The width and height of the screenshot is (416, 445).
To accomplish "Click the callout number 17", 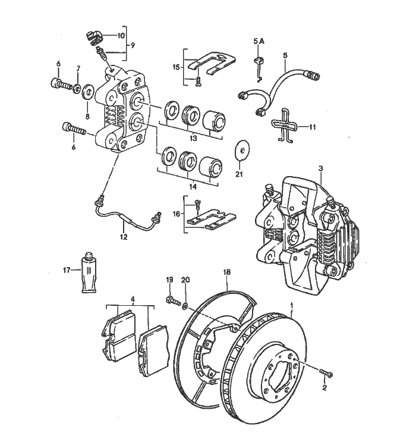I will click(67, 269).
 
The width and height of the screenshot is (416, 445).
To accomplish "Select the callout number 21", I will click(239, 174).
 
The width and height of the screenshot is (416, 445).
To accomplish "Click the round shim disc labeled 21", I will click(241, 151).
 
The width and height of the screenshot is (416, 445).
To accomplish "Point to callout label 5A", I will click(259, 42).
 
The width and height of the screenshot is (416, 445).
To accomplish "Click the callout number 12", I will click(123, 237).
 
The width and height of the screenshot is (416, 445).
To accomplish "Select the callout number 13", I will click(193, 138).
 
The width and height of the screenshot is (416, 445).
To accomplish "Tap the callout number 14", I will click(193, 186).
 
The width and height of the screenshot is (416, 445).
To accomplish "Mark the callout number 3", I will click(320, 168).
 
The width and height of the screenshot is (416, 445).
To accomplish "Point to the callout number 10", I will click(121, 35).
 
